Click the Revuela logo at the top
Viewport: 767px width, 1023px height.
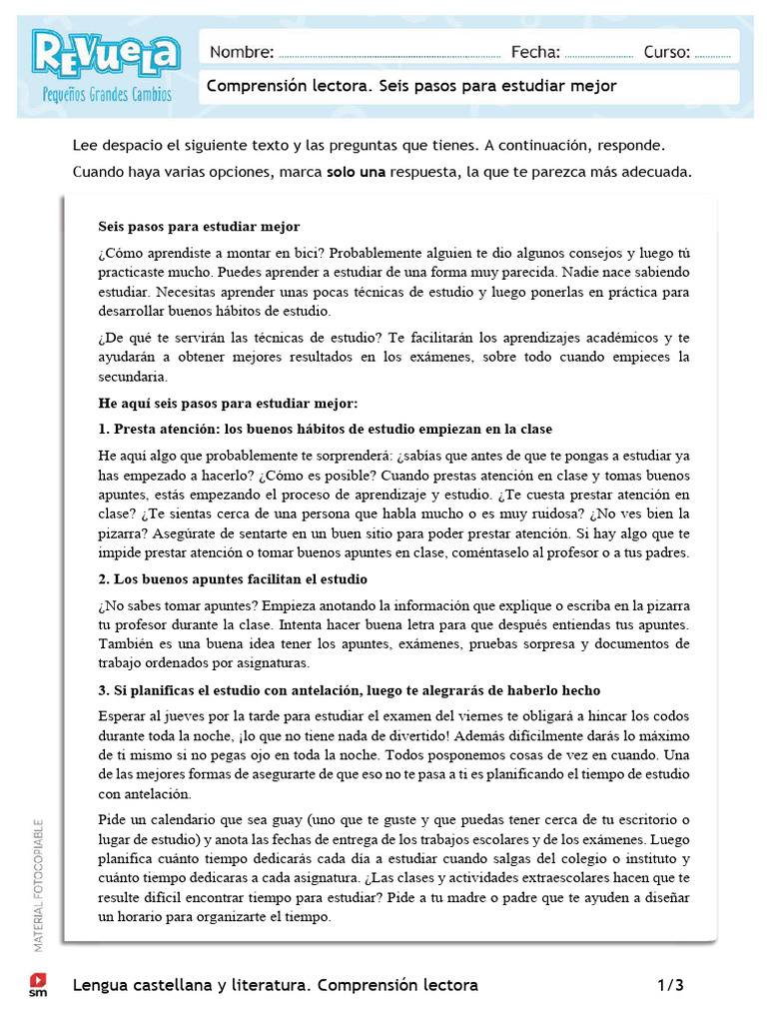[105, 54]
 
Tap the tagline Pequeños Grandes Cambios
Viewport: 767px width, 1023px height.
[107, 96]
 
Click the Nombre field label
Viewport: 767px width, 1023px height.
[241, 52]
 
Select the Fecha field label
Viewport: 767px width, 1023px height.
[535, 52]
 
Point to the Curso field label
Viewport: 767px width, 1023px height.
[666, 52]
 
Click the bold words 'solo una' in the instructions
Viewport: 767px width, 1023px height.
[356, 172]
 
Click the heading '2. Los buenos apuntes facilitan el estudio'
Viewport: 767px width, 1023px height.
[233, 579]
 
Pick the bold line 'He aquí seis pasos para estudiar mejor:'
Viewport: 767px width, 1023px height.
[228, 404]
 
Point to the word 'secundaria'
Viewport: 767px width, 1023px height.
[134, 378]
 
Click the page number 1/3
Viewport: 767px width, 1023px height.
[670, 985]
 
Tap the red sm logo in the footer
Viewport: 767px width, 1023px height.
[38, 984]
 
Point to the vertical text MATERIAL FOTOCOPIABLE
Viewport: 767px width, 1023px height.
[38, 885]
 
